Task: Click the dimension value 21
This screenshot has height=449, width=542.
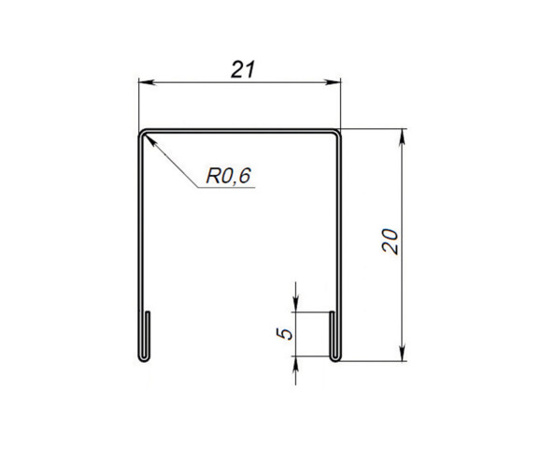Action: point(240,69)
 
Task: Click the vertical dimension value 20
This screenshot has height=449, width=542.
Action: point(392,240)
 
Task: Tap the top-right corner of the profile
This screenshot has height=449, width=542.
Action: point(338,132)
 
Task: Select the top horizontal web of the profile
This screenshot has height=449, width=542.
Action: point(240,131)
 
